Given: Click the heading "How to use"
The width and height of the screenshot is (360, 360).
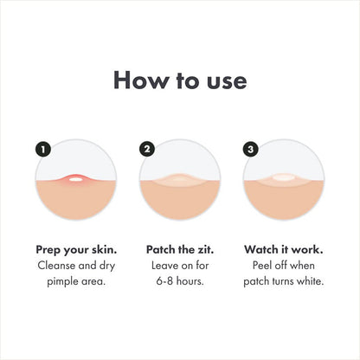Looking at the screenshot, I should [180, 80].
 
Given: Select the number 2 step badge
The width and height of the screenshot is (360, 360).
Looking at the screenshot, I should [147, 150].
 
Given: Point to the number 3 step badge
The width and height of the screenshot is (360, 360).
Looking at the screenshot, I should [252, 150].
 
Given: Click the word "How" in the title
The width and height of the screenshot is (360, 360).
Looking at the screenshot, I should [138, 80].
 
